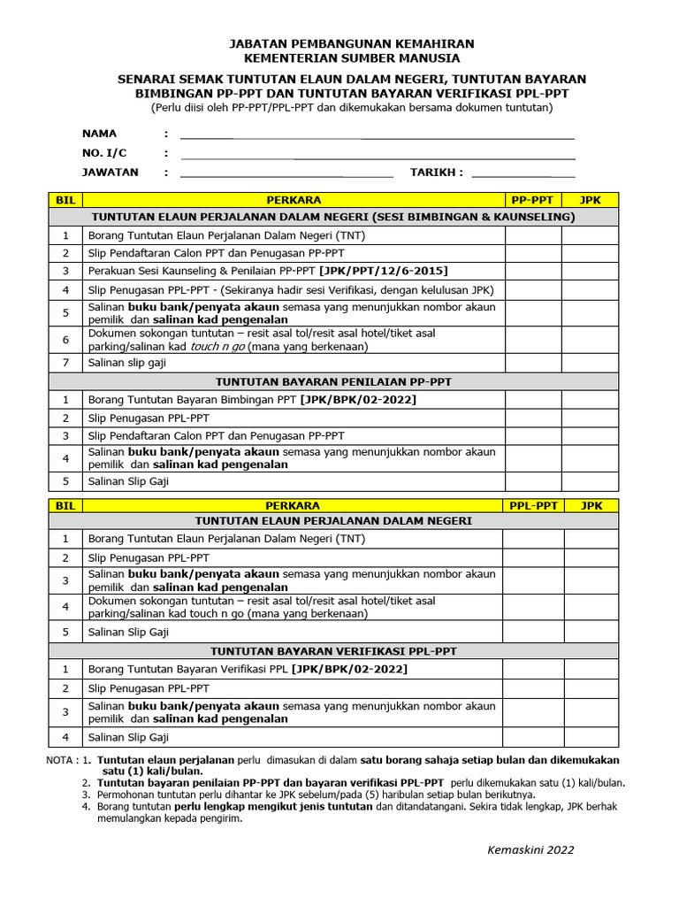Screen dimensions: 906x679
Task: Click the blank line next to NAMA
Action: [x=378, y=137]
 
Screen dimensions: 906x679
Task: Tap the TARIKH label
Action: [x=436, y=173]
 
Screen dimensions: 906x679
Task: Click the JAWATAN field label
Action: [x=111, y=173]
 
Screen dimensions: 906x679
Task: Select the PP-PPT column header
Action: [x=533, y=200]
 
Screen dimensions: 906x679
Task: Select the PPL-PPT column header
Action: [x=533, y=505]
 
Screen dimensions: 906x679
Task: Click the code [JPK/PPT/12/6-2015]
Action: [x=385, y=270]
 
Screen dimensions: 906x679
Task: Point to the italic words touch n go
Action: [x=218, y=347]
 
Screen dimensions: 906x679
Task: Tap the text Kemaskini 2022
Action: [x=530, y=850]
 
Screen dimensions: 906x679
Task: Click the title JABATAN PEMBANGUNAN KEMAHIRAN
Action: [x=352, y=43]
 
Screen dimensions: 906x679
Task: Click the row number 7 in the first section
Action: [x=65, y=363]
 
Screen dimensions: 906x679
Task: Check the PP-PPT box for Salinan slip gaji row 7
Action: [x=533, y=363]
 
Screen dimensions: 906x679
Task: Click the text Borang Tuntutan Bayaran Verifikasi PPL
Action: [x=188, y=669]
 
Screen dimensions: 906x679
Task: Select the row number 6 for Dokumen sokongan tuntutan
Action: [x=65, y=340]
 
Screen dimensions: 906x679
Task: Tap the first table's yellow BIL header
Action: [x=65, y=200]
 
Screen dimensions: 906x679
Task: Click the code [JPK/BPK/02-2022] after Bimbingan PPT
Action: [x=358, y=400]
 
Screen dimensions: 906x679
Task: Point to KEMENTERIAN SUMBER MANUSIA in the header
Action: [x=352, y=58]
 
